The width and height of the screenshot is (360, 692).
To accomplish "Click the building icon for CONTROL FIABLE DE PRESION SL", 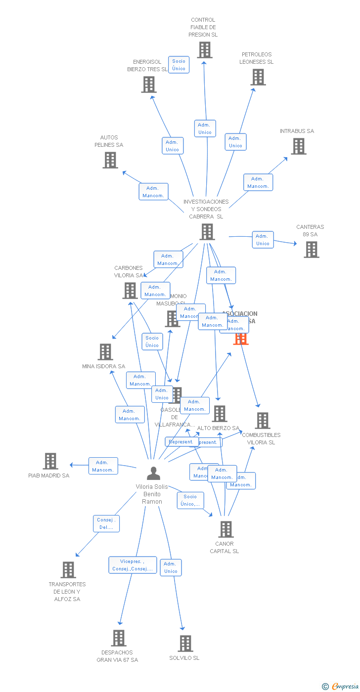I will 205,50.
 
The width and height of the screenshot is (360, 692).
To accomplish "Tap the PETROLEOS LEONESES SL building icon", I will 258,77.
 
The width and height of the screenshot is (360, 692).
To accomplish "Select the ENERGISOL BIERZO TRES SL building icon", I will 148,85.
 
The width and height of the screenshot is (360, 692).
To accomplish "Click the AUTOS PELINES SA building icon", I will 110,160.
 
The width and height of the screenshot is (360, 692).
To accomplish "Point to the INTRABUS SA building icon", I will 298,146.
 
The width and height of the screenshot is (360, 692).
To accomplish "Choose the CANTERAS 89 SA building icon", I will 311,250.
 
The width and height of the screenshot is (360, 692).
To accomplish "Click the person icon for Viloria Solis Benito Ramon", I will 153,474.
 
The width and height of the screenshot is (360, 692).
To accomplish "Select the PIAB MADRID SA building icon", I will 50,461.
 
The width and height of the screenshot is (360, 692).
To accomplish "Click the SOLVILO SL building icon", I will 185,644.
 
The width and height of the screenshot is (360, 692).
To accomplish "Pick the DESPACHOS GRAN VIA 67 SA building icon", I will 118,638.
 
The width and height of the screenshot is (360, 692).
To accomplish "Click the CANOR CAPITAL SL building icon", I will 225,529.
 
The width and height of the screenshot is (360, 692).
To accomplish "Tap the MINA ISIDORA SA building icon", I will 105,352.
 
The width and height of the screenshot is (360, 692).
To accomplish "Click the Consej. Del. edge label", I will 106,523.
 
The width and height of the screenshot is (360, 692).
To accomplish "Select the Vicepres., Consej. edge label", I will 133,565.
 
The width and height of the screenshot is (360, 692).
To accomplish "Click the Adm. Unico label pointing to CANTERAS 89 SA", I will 263,240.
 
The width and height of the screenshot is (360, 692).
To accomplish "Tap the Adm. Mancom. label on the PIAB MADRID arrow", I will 103,466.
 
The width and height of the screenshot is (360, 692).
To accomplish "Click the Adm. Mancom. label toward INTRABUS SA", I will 258,182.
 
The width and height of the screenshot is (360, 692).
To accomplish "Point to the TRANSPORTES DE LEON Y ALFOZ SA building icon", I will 68,570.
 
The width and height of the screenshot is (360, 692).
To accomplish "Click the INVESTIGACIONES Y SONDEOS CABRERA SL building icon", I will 207,232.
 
